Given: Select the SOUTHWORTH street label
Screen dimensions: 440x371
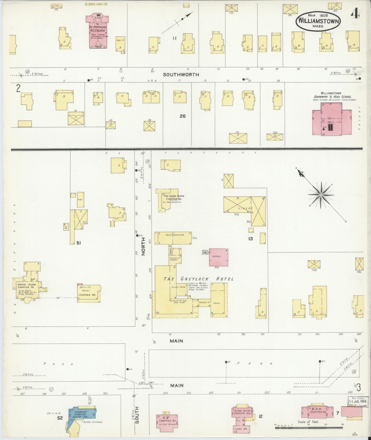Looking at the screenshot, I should pyautogui.click(x=181, y=75).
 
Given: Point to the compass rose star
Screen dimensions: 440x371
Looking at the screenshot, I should pyautogui.click(x=321, y=195).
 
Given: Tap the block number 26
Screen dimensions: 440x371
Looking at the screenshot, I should pyautogui.click(x=183, y=116).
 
